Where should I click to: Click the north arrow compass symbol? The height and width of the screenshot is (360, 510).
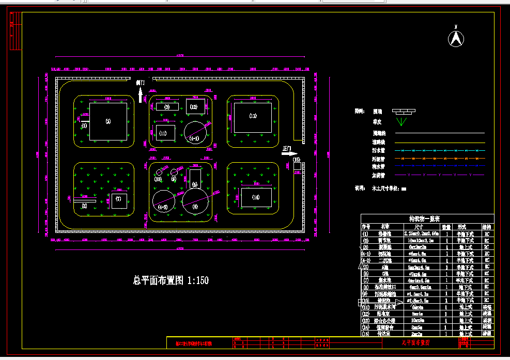click(456, 38)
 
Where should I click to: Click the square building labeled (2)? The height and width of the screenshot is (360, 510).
click(108, 122)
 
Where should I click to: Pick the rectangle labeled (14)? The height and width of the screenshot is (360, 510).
click(256, 197)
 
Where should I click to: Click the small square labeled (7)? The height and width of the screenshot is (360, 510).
click(119, 200)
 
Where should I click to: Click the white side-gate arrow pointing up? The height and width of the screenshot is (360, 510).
click(140, 95)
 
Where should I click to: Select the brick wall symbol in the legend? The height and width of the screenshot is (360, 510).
click(404, 111)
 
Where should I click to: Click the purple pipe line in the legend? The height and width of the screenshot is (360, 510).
click(439, 175)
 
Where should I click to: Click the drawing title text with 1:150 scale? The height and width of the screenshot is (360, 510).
click(171, 280)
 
